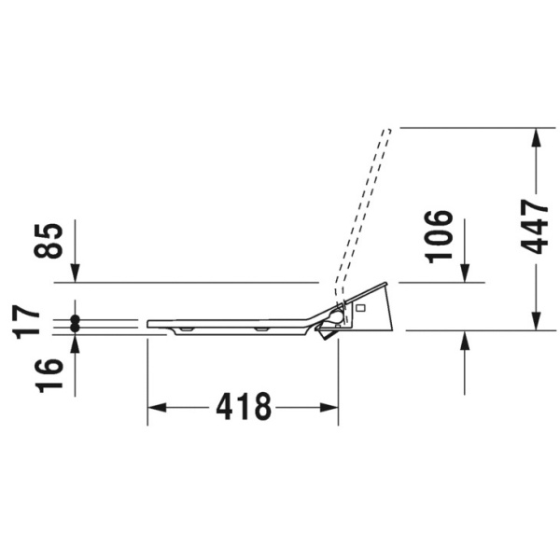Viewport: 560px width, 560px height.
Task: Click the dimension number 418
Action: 244,407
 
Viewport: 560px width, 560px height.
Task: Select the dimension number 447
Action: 534,227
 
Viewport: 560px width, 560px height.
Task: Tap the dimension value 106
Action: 439,237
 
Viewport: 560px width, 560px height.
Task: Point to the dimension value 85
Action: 49,241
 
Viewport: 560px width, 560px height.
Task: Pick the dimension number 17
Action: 26,321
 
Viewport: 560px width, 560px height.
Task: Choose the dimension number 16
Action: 49,376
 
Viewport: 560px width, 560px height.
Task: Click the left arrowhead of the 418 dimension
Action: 157,408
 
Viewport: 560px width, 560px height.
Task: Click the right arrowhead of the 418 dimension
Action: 329,408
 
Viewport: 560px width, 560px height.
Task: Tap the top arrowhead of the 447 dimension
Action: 535,137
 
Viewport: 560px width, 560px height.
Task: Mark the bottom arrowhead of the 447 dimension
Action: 535,321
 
